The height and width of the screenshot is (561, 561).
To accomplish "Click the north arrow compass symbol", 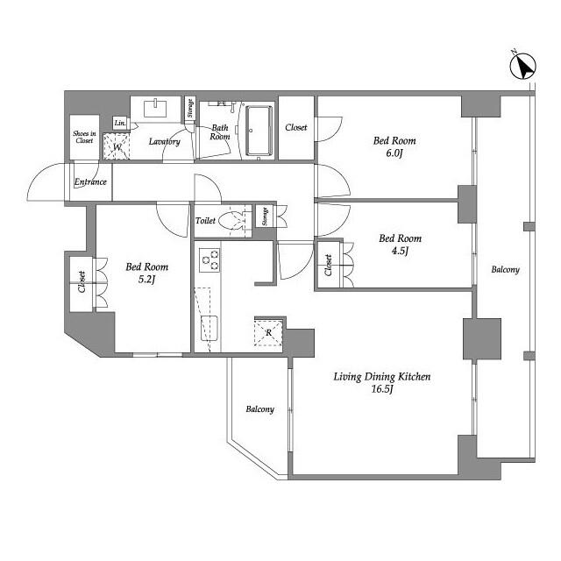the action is (522, 67).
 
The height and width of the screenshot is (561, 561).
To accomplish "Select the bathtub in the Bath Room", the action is (259, 131).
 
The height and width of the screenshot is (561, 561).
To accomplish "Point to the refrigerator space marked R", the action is (268, 333).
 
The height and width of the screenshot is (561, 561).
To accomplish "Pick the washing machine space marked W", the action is (117, 146).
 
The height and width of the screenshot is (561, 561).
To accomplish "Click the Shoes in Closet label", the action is (84, 137).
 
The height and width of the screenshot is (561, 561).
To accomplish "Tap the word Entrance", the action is (90, 181).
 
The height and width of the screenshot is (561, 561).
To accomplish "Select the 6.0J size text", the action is (394, 153).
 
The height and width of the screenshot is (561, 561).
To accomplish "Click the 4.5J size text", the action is (400, 251).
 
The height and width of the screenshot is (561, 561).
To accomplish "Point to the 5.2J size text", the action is (146, 279).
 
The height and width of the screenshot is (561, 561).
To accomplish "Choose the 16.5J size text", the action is (382, 389).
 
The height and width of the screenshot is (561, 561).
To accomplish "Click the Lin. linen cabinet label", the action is (120, 123).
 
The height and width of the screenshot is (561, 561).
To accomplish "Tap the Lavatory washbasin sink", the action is (155, 108).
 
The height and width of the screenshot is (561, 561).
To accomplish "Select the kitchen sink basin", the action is (209, 328).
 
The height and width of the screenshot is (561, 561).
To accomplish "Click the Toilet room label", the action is (205, 221).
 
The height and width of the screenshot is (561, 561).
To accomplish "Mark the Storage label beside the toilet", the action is (265, 217).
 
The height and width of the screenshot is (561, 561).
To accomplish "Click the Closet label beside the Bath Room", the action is (296, 127).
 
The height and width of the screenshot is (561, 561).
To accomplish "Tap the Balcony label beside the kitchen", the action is (260, 409).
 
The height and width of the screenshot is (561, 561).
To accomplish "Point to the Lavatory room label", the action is (164, 142).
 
